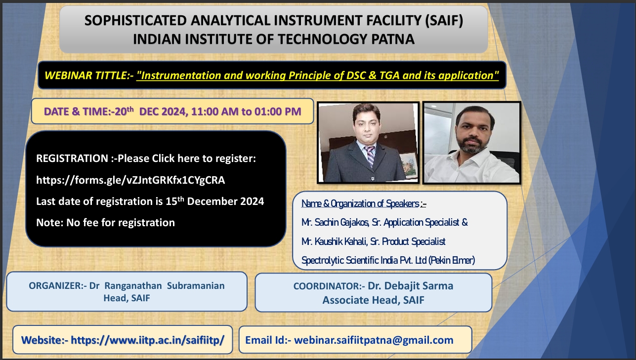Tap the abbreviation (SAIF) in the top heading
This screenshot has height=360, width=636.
tap(444, 21)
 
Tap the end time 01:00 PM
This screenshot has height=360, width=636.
tap(278, 112)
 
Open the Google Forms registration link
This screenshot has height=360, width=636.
tap(130, 180)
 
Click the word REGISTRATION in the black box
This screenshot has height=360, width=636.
tap(72, 159)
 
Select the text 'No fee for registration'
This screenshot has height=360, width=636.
tap(121, 223)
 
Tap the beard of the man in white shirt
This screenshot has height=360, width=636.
tap(471, 145)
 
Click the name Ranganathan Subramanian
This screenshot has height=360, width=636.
tap(165, 285)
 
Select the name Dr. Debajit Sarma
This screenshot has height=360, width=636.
tap(410, 286)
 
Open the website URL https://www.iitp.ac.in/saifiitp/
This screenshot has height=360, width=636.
tap(148, 340)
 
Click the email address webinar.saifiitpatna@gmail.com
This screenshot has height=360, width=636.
tap(374, 340)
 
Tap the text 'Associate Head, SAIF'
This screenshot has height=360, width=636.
tap(374, 300)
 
